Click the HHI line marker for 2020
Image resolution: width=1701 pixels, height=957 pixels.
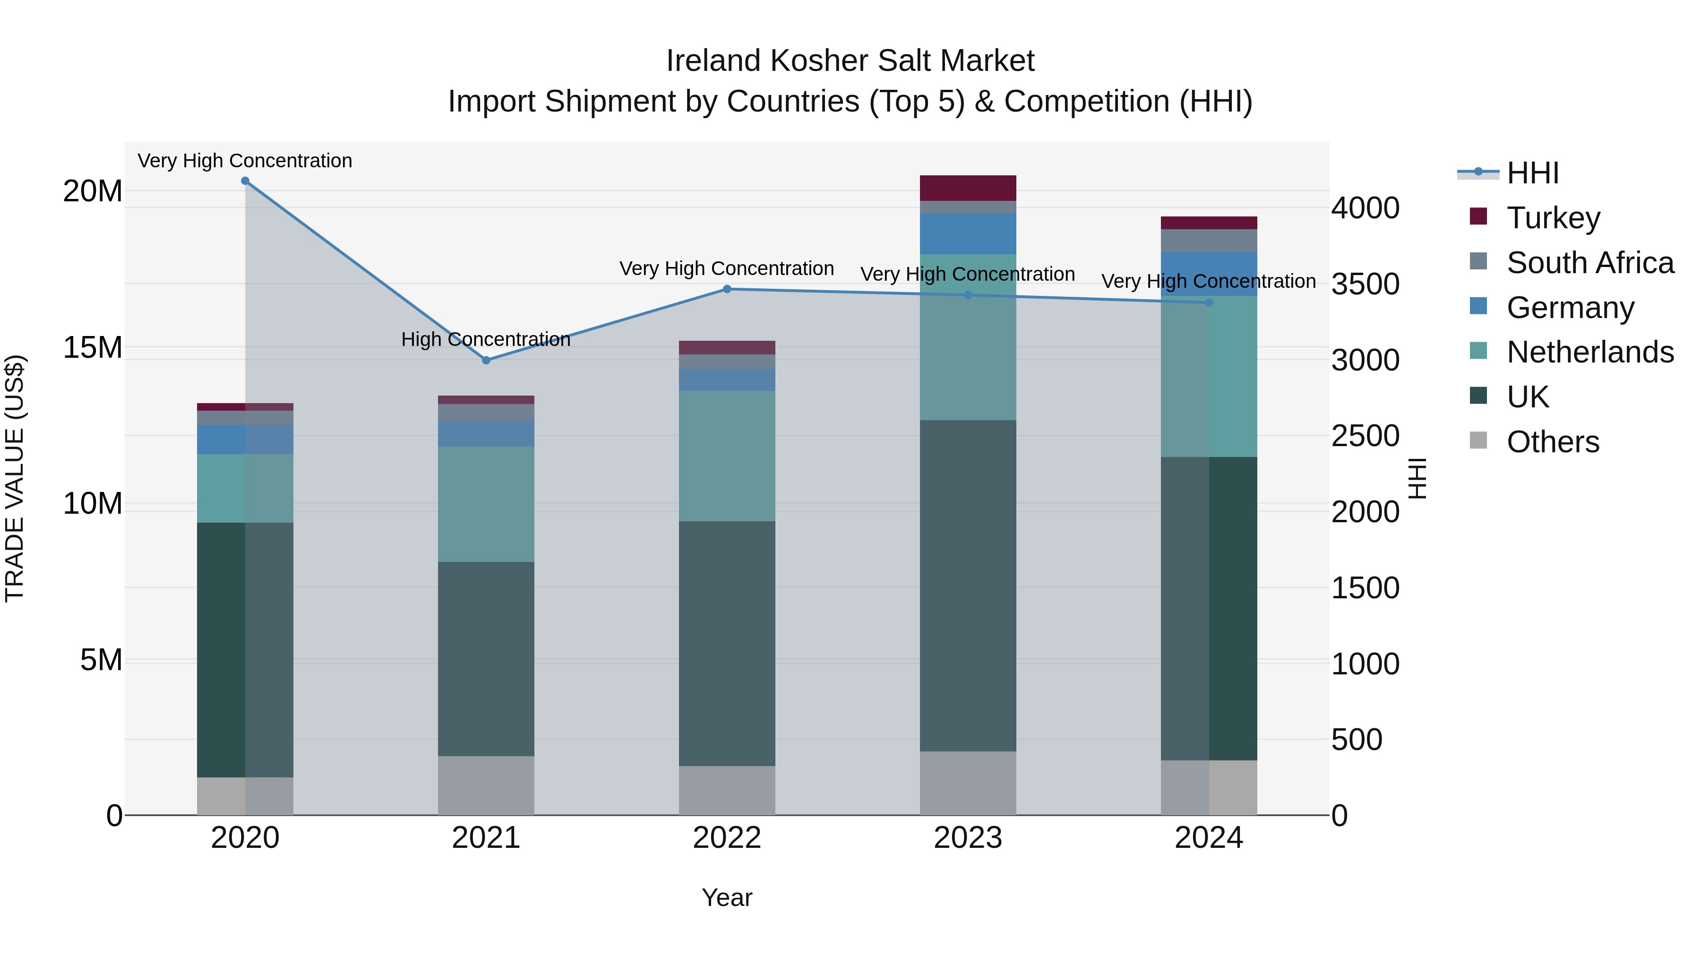pos(245,181)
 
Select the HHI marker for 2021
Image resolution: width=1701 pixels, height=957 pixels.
pos(486,360)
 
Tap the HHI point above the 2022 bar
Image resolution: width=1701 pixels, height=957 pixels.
pos(727,289)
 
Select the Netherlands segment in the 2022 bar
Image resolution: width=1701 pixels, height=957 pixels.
pos(727,456)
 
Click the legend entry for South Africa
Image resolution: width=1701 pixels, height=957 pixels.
pos(1590,263)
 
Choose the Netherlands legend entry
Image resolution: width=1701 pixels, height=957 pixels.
pos(1590,352)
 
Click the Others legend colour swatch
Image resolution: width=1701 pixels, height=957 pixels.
pos(1478,440)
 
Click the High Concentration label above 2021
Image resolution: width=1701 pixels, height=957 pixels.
pos(486,339)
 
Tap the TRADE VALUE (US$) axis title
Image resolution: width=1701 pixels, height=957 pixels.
pos(15,478)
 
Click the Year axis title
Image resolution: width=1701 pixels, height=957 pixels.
pos(727,897)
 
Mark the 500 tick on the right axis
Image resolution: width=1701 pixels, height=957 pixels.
pos(1356,740)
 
